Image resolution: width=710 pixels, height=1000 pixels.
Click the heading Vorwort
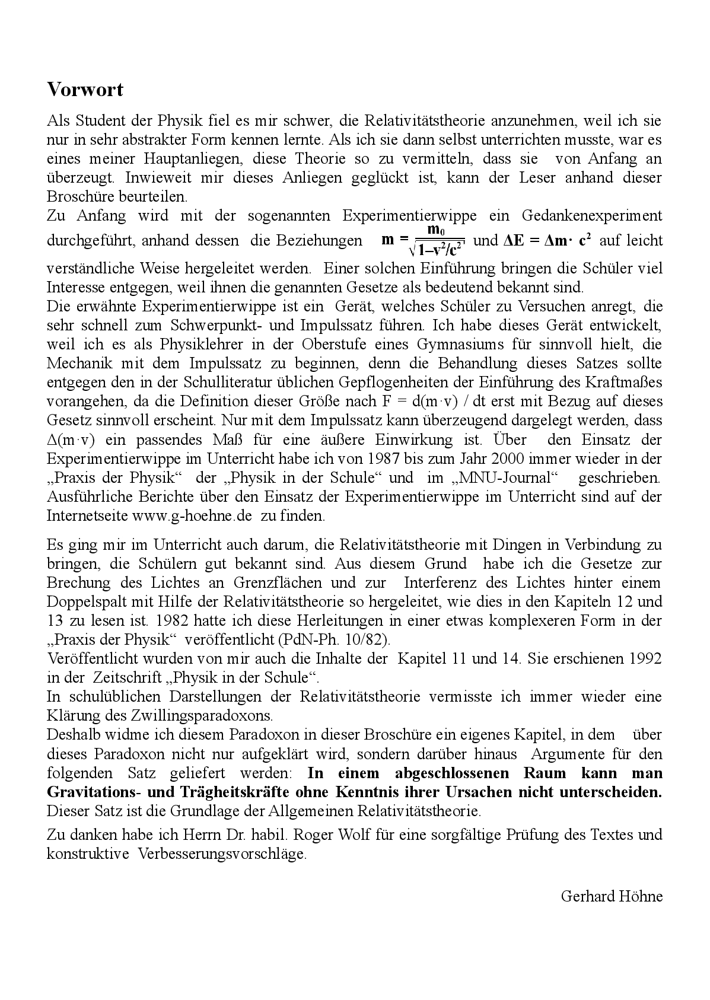tap(85, 90)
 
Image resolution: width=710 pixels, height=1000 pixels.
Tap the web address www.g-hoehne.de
tap(194, 515)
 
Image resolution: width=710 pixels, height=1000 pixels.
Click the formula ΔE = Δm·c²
tap(547, 240)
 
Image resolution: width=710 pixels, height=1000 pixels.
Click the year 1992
tap(645, 658)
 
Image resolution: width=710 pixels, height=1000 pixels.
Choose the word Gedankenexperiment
tap(592, 215)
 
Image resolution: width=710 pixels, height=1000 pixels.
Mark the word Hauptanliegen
tap(194, 159)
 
